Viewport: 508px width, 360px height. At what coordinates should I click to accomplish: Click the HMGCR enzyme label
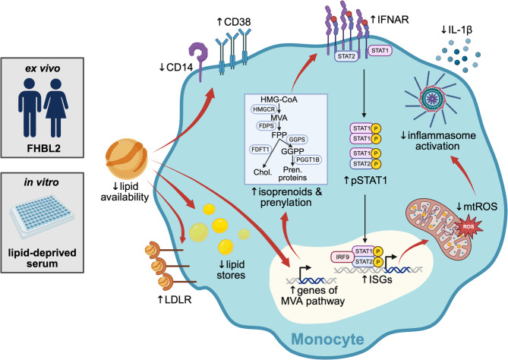(264, 109)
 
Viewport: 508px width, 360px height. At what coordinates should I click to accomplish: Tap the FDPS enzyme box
(267, 126)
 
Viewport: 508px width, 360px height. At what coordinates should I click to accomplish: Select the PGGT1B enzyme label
(308, 159)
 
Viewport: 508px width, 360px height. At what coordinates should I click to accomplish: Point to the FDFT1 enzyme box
(260, 150)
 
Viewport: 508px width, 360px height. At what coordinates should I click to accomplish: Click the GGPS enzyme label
(297, 140)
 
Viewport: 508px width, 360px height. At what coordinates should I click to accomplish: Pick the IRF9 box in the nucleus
(342, 257)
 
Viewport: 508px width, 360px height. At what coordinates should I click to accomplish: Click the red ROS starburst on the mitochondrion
(469, 226)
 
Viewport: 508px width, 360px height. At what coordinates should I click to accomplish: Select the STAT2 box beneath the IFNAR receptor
(346, 56)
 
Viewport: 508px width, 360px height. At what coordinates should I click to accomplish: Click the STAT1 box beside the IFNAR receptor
(380, 51)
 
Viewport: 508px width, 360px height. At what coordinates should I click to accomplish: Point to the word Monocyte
(327, 339)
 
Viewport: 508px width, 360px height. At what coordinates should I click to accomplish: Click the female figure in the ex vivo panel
(55, 108)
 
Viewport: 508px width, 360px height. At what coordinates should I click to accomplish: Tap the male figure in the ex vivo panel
(30, 108)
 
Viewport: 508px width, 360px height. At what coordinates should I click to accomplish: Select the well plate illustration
(43, 216)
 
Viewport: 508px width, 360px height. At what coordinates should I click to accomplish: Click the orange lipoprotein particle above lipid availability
(127, 156)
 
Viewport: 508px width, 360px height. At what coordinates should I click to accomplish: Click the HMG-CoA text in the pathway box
(279, 99)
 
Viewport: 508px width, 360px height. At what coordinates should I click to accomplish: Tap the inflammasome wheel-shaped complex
(432, 97)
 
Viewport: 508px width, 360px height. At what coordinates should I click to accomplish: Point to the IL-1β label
(456, 30)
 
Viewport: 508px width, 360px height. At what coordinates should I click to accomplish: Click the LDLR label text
(175, 300)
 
